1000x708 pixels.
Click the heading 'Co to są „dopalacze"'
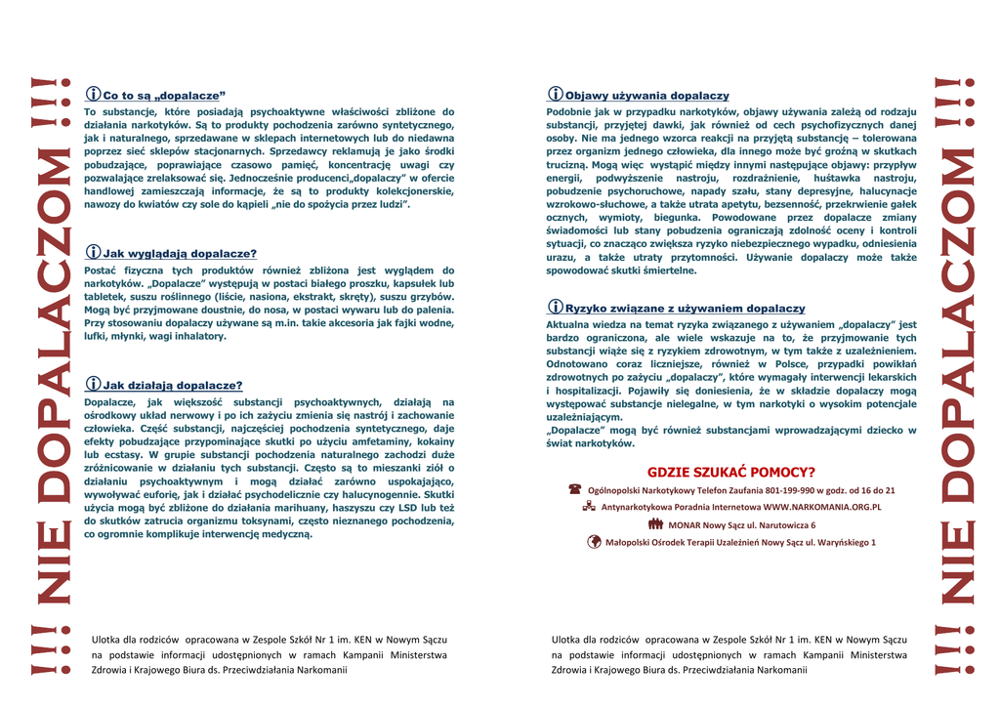tap(164, 96)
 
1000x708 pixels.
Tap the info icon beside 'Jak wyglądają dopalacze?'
tap(94, 253)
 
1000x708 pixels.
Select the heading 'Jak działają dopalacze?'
tap(173, 385)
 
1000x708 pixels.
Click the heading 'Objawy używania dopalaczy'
tap(646, 96)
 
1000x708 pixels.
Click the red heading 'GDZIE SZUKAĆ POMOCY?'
tap(731, 472)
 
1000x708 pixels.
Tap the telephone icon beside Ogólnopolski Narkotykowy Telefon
tap(575, 489)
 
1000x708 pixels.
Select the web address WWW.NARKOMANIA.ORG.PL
tap(822, 507)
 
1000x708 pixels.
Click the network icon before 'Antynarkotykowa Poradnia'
tap(589, 507)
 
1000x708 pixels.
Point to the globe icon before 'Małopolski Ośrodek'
tap(594, 542)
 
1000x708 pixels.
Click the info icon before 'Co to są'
tap(94, 95)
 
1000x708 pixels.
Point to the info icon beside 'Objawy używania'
tap(555, 95)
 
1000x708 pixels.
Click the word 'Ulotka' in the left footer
tap(107, 639)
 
